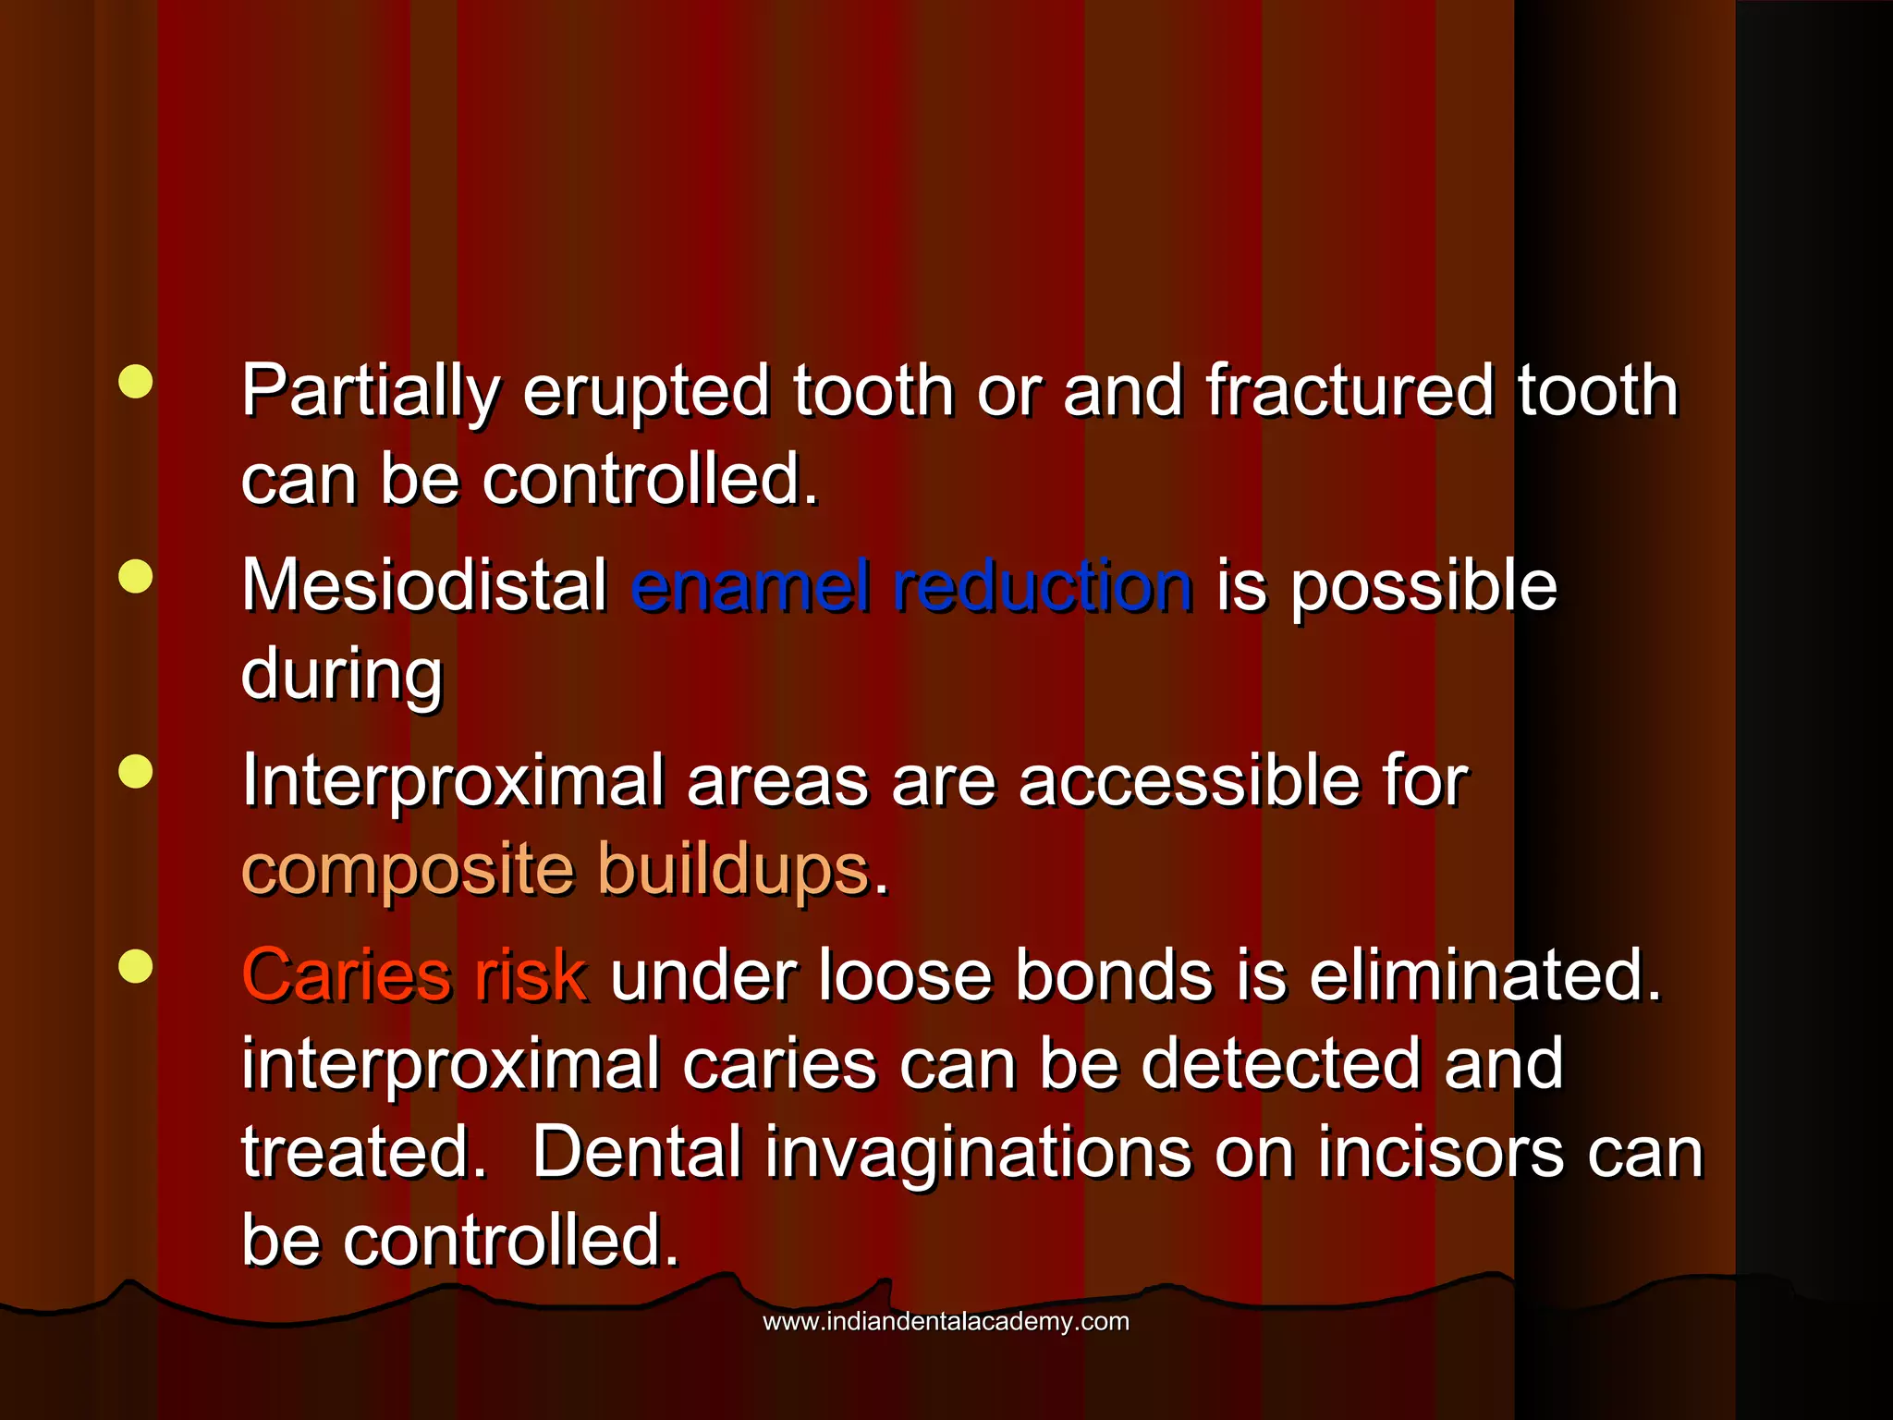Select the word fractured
1349,391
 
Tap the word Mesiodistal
423,586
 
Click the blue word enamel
750,586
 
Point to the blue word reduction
1043,586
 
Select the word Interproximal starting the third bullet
452,781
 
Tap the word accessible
1188,781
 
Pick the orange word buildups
734,870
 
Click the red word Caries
346,975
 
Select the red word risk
530,975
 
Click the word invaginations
978,1153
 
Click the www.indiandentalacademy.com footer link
946,1321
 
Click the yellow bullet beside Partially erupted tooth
136,382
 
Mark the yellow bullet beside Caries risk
136,966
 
